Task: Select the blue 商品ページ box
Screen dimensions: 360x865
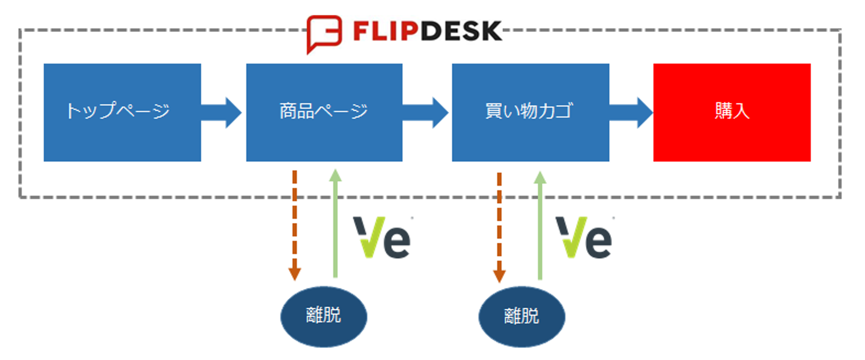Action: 324,112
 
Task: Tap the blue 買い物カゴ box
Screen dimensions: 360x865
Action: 530,112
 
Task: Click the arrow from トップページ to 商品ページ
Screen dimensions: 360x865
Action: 222,112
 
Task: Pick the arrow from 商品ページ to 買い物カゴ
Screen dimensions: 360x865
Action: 426,112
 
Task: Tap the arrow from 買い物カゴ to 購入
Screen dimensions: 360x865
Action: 631,112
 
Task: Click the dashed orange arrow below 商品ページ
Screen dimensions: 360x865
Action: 294,225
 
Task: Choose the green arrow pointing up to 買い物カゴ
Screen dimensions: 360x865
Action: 540,225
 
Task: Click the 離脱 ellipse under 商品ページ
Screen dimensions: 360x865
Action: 324,316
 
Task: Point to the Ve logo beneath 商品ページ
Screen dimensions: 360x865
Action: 382,237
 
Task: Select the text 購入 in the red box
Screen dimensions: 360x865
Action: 732,111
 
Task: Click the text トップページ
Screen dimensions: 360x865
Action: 118,111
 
